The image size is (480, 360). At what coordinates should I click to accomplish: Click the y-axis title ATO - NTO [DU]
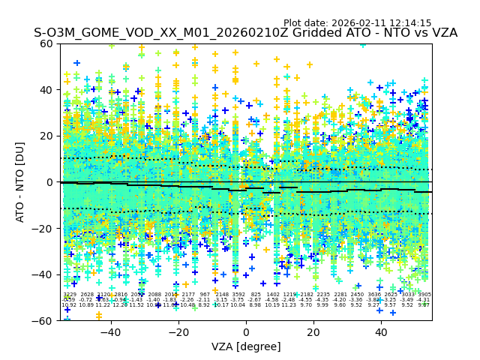point(21,182)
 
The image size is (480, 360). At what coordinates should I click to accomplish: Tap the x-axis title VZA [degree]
point(246,346)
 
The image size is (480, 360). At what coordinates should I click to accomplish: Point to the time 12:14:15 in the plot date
point(411,23)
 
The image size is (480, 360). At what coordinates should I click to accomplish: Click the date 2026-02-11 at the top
point(358,23)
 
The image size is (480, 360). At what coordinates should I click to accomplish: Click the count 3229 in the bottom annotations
point(69,295)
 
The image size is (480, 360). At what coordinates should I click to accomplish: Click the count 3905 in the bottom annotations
point(424,295)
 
